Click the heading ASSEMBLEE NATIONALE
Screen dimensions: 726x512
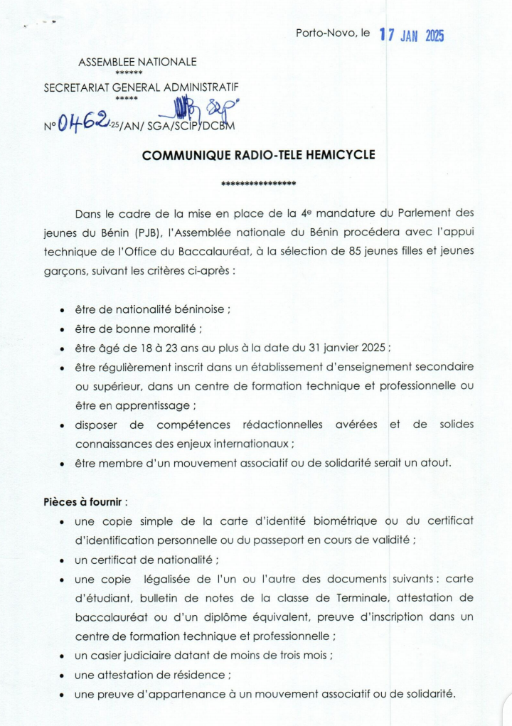[x=137, y=63]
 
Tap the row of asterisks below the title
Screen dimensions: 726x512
[x=258, y=184]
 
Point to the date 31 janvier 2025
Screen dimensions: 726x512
[x=348, y=348]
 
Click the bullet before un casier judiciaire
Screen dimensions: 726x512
[x=63, y=656]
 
